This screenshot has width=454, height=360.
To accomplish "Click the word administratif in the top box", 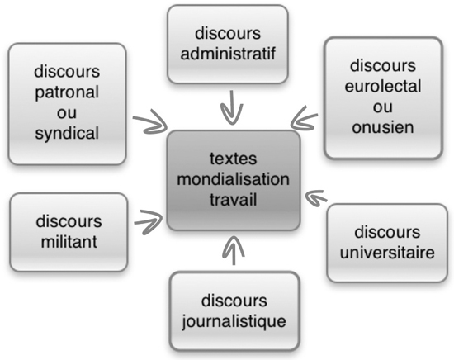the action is pyautogui.click(x=228, y=54).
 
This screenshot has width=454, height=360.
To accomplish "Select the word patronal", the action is pyautogui.click(x=67, y=93).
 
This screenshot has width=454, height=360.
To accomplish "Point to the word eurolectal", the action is pyautogui.click(x=383, y=86).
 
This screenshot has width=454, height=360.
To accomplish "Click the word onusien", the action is pyautogui.click(x=383, y=127).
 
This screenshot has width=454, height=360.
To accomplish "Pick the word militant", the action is pyautogui.click(x=69, y=242).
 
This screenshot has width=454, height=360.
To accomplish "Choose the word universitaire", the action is pyautogui.click(x=387, y=253).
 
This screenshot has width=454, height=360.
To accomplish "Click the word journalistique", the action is pyautogui.click(x=234, y=322).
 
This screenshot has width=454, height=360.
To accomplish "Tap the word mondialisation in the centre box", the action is pyautogui.click(x=233, y=179).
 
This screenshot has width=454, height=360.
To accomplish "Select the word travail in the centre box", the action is pyautogui.click(x=233, y=200).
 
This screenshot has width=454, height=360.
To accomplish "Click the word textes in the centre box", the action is pyautogui.click(x=233, y=159).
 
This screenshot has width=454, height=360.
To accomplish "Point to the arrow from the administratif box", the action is pyautogui.click(x=232, y=107).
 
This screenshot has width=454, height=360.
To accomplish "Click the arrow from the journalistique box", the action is pyautogui.click(x=234, y=250).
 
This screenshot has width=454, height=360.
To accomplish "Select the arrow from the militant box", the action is pyautogui.click(x=149, y=222).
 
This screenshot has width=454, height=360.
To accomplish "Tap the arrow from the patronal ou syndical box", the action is pyautogui.click(x=150, y=122).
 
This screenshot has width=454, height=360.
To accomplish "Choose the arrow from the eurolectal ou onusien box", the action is pyautogui.click(x=304, y=119).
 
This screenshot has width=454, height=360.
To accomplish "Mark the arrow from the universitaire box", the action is pyautogui.click(x=316, y=197).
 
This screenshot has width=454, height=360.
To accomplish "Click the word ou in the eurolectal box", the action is pyautogui.click(x=383, y=107).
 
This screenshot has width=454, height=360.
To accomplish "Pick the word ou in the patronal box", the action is pyautogui.click(x=67, y=113).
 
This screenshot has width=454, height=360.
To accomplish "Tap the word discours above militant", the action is pyautogui.click(x=69, y=221).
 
